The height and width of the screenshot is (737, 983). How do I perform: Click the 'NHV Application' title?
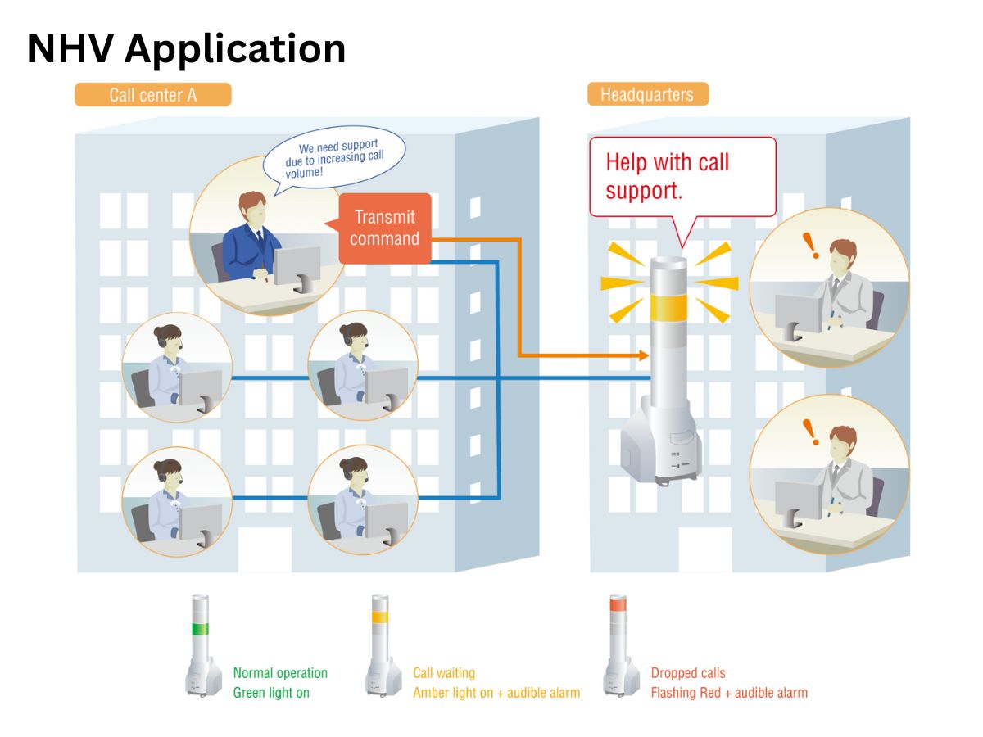[x=186, y=49]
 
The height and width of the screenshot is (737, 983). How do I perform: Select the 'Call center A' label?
[x=152, y=95]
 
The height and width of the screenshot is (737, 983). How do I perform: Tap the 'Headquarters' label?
[x=647, y=94]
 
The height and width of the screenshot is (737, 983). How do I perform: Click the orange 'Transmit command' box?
[x=385, y=228]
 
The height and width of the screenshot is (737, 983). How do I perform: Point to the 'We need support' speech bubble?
[x=335, y=158]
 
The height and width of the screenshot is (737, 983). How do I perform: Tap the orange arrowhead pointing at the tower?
[x=644, y=355]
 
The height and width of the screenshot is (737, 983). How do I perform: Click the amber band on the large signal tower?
[x=668, y=308]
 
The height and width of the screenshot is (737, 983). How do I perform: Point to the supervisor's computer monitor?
[x=297, y=269]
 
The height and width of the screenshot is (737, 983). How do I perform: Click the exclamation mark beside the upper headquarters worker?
[x=811, y=246]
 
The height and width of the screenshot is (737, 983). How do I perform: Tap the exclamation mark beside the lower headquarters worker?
[x=811, y=432]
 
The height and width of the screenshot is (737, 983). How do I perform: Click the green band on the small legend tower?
[x=200, y=629]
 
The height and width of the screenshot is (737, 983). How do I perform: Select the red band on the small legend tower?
[x=618, y=604]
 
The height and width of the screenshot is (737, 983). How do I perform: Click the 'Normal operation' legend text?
[x=280, y=673]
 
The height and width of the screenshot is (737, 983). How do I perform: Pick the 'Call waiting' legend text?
[x=444, y=673]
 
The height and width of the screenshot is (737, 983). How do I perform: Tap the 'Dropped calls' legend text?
[x=688, y=673]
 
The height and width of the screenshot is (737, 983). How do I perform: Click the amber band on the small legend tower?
[x=380, y=617]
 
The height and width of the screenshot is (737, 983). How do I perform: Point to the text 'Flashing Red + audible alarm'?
[x=729, y=693]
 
